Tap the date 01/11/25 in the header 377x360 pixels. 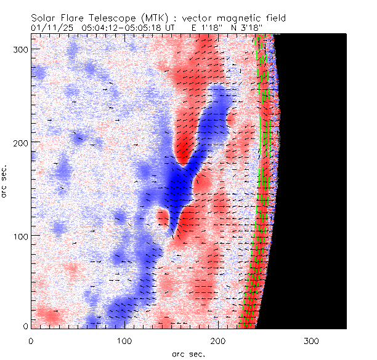click(53, 28)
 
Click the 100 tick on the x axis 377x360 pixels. click(124, 340)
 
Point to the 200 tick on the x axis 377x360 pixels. click(217, 340)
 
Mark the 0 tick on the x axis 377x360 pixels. click(30, 340)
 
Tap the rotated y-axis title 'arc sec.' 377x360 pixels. click(6, 181)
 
